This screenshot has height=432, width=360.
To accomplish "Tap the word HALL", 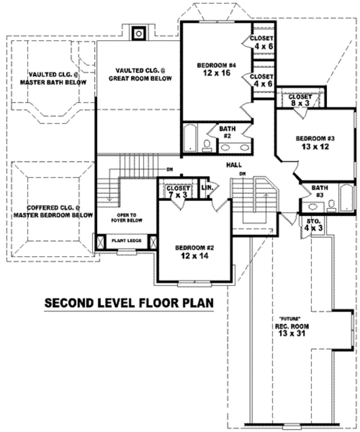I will pos(234,164).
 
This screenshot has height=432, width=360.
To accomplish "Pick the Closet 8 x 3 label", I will pos(299,100).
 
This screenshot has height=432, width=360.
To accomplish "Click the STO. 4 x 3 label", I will pos(309,224).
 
